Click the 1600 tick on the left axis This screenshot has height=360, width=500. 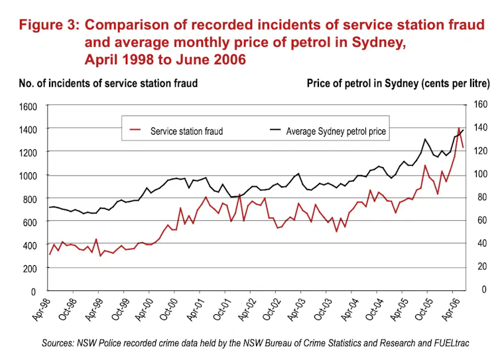tap(31, 106)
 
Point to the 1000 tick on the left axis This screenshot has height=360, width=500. tap(31, 176)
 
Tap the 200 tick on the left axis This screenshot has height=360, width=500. tap(33, 269)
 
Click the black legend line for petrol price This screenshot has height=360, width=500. tap(272, 131)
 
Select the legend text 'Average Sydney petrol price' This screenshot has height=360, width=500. tap(336, 131)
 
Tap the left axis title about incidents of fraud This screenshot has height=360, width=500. tap(108, 84)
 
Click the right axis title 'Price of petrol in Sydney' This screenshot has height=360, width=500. tap(398, 84)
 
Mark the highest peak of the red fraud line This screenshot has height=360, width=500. tap(459, 128)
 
